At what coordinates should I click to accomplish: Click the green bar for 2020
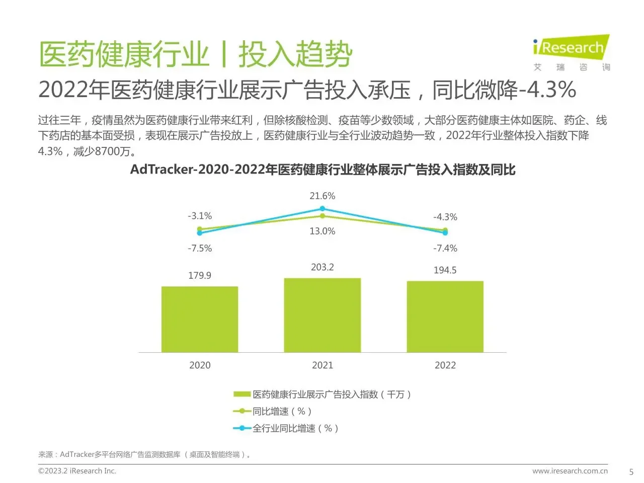click(x=200, y=319)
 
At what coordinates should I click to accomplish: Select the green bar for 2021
click(x=323, y=315)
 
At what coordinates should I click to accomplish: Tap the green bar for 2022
click(x=445, y=316)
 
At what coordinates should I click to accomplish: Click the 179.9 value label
click(x=200, y=275)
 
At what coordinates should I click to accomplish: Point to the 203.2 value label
click(x=323, y=267)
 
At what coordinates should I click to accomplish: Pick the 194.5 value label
click(x=445, y=270)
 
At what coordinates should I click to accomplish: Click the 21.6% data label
click(x=323, y=196)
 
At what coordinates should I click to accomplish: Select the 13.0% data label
click(x=323, y=231)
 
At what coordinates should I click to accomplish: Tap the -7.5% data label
click(x=200, y=248)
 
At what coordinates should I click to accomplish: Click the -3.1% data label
click(x=200, y=216)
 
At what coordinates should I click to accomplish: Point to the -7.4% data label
click(x=445, y=248)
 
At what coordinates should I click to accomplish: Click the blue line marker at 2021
click(x=323, y=208)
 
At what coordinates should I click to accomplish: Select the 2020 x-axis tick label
click(x=200, y=365)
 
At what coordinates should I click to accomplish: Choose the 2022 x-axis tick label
click(x=445, y=365)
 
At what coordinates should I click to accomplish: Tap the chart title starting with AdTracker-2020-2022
click(x=323, y=170)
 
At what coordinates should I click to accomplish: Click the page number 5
click(x=631, y=472)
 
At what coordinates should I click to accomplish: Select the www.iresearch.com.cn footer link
click(x=570, y=471)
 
